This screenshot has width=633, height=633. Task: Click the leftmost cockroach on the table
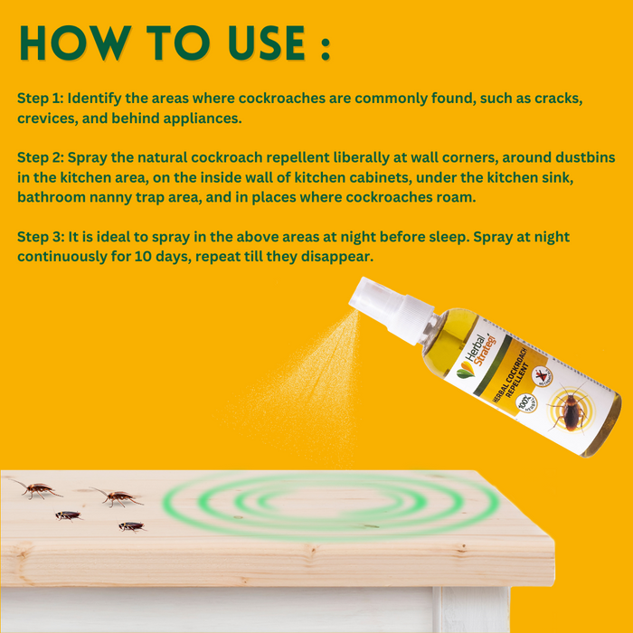36,489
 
